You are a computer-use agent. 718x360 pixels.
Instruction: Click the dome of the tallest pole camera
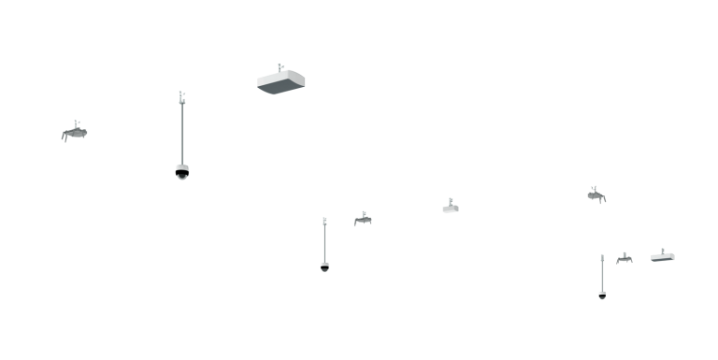tap(182, 171)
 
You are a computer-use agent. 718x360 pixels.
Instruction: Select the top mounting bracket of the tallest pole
tap(181, 96)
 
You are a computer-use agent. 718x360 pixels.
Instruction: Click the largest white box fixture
tap(280, 80)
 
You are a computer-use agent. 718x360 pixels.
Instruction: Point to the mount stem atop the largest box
tap(280, 67)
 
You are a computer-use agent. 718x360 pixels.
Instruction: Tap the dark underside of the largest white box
tap(284, 88)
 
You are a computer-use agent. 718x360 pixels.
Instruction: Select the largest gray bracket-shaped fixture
tap(75, 134)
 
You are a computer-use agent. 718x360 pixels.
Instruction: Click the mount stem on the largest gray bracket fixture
tap(77, 123)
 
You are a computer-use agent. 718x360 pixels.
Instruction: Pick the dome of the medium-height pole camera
tap(324, 266)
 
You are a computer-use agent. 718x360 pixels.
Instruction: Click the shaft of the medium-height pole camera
tap(324, 243)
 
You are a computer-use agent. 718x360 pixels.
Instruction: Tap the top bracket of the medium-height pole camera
tap(324, 221)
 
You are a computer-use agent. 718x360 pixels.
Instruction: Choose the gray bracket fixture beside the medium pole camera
tap(363, 220)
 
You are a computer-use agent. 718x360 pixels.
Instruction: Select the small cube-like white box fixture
tap(451, 209)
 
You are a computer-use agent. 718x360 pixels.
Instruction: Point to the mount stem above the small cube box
tap(451, 201)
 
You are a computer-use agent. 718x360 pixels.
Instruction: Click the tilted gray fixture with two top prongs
tap(596, 195)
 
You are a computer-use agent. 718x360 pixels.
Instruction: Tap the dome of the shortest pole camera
tap(602, 295)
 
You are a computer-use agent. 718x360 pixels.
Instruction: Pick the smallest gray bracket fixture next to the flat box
tap(624, 258)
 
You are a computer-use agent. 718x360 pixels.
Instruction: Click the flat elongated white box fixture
tap(663, 257)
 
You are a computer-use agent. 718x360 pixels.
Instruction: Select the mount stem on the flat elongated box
tap(663, 251)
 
